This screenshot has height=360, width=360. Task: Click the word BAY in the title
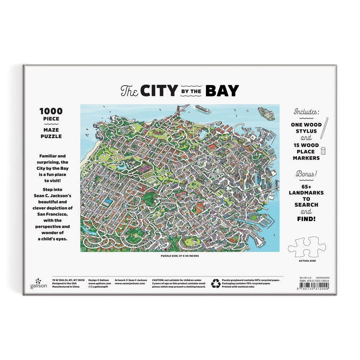[x=222, y=91]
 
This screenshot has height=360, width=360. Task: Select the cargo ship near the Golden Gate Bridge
[x=203, y=109]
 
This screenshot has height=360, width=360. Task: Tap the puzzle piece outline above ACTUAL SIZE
[x=307, y=247]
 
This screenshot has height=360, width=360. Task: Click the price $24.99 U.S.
[x=305, y=278]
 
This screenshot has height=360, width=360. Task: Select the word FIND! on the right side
[x=306, y=217]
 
